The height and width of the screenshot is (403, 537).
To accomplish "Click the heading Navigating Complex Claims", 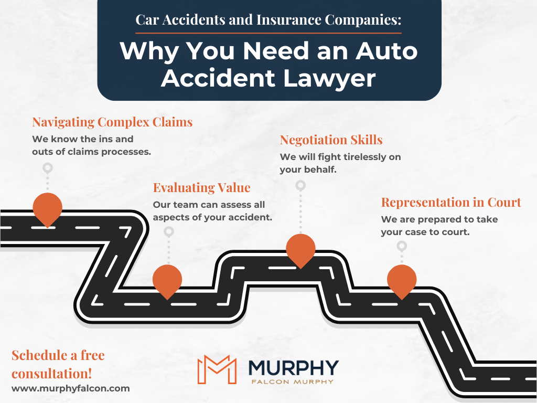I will click(112, 122).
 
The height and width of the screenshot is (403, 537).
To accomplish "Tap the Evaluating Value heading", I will click(201, 188).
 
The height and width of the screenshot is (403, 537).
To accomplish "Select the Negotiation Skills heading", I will click(331, 140).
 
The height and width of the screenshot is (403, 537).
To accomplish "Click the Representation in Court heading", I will click(451, 203).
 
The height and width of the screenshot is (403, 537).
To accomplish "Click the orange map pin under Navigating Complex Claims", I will click(48, 208).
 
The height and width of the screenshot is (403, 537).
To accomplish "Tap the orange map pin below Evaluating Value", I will click(167, 280).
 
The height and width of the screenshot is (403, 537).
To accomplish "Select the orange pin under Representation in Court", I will click(402, 280).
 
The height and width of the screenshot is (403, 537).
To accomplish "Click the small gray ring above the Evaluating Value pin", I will click(168, 231).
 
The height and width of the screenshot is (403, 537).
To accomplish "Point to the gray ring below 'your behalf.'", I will click(300, 185).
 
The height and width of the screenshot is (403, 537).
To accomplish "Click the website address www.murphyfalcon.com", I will click(70, 388).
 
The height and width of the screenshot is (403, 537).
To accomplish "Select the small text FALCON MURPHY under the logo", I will click(294, 381).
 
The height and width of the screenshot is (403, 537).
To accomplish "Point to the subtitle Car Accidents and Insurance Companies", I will click(268, 20).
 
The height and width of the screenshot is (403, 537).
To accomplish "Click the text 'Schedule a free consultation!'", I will click(58, 364).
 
